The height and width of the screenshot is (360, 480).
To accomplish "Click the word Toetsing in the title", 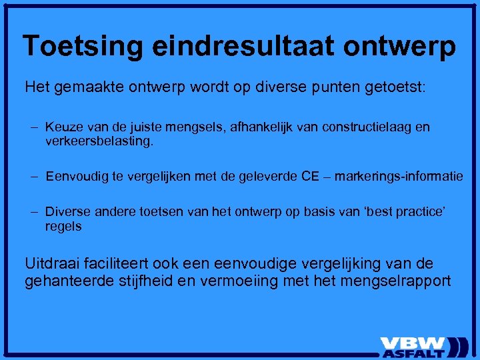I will [83, 46].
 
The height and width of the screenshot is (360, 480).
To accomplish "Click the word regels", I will [63, 226].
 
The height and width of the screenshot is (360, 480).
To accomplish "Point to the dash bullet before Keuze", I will [33, 127].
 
